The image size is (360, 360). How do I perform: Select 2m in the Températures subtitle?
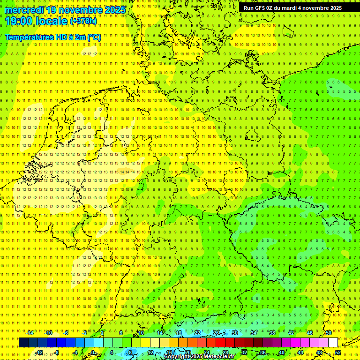(x=80, y=37)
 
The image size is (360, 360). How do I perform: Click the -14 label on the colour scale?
(x=30, y=333)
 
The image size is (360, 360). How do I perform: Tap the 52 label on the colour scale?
(x=338, y=352)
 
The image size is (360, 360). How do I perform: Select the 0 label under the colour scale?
(x=93, y=352)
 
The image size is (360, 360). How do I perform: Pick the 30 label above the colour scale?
(x=234, y=333)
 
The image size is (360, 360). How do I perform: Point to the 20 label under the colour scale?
(x=187, y=352)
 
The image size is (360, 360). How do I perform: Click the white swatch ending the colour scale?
(x=333, y=343)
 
